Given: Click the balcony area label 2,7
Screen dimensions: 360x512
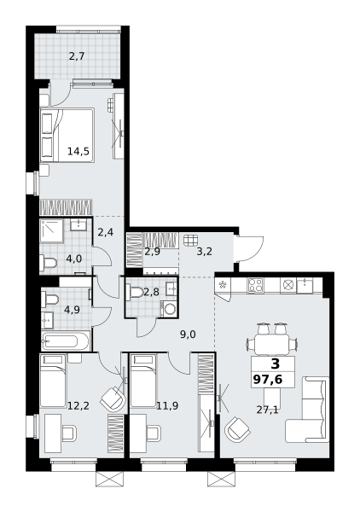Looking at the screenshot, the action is [x=77, y=56].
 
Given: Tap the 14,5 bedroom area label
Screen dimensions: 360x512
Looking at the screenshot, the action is [x=78, y=151].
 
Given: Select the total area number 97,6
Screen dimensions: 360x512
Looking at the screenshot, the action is [x=268, y=380].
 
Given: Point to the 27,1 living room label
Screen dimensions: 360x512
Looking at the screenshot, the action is [x=267, y=410].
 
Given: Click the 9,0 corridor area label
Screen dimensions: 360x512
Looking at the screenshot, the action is [x=188, y=334].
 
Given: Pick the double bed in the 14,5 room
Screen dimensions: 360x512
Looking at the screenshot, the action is [x=67, y=135].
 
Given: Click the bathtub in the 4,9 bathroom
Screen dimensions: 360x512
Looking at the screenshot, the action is [x=66, y=341].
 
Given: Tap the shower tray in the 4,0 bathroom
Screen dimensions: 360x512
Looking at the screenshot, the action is [x=51, y=231].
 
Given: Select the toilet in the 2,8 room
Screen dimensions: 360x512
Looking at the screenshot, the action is [x=135, y=292].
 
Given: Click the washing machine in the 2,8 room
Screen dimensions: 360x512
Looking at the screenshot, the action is [x=169, y=309].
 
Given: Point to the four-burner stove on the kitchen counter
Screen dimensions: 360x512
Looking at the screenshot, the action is [x=255, y=285].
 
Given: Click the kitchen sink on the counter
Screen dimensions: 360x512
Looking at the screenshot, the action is [x=305, y=285].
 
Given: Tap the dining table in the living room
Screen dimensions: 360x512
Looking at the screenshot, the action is [x=272, y=344].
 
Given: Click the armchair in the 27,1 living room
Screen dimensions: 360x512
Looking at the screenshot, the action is [x=237, y=430].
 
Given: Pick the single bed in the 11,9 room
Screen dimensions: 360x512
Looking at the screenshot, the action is [x=143, y=381].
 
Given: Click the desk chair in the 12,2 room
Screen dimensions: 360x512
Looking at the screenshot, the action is [x=69, y=433].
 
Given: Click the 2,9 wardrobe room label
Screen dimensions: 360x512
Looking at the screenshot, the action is [x=152, y=252].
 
